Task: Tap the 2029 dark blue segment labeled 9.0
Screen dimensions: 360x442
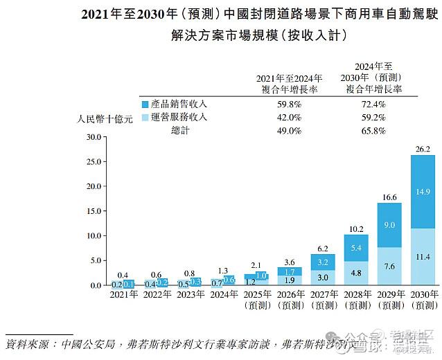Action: [389, 224]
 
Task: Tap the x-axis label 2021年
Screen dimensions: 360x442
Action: [124, 294]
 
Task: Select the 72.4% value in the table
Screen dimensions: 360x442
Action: [373, 104]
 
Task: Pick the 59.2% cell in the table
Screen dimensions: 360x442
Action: [373, 117]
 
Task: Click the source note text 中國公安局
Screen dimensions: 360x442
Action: [82, 344]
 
